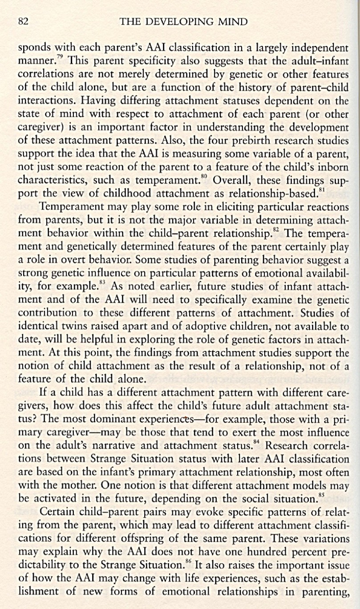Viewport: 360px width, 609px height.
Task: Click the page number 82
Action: click(x=23, y=21)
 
